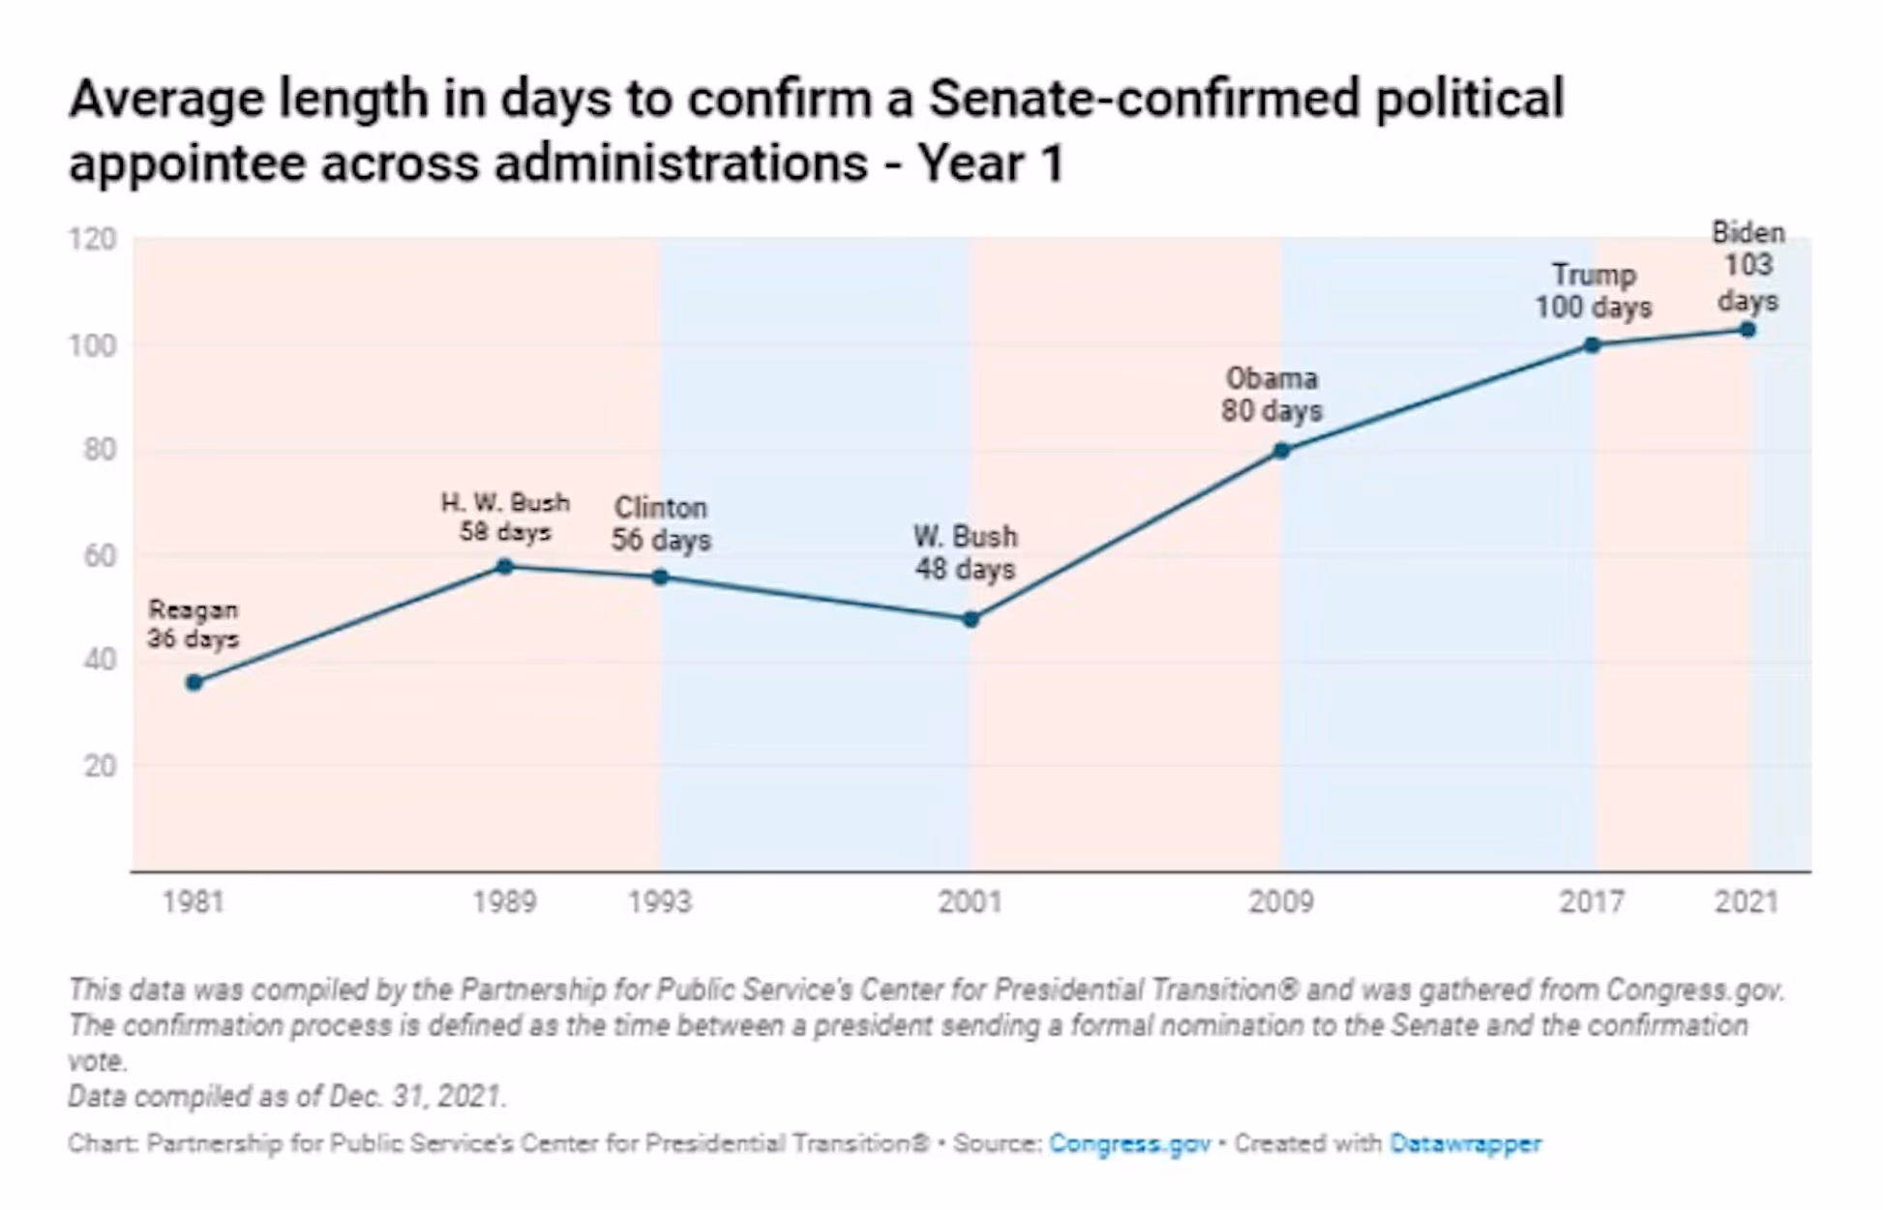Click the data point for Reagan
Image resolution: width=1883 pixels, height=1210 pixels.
coord(194,683)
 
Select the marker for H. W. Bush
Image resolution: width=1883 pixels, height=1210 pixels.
coord(504,567)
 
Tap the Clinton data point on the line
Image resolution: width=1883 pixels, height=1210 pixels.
coord(660,577)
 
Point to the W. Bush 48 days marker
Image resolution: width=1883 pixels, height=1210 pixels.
coord(971,619)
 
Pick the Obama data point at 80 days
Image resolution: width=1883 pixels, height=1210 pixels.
coord(1281,451)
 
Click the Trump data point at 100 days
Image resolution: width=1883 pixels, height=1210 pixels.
coord(1592,345)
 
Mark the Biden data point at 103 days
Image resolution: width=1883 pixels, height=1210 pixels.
coord(1748,330)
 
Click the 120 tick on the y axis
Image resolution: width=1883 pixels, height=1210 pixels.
coord(93,239)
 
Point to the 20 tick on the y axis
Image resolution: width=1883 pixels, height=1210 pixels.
coord(100,766)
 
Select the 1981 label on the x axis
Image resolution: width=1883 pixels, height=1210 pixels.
coord(194,902)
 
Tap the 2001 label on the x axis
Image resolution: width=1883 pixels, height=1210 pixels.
coord(971,902)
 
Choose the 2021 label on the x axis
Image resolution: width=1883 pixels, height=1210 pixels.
coord(1747,902)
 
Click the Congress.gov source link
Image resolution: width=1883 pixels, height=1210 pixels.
coord(1129,1143)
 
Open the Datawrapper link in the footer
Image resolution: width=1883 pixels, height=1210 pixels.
coord(1465,1143)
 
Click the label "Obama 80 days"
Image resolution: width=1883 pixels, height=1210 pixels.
coord(1271,395)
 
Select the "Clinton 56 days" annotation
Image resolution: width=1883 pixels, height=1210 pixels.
coord(661,523)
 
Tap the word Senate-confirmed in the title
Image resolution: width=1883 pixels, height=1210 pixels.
coord(1145,99)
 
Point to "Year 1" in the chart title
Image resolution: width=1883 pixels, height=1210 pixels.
coord(991,163)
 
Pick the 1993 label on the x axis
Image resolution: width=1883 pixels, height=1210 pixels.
coord(660,902)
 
